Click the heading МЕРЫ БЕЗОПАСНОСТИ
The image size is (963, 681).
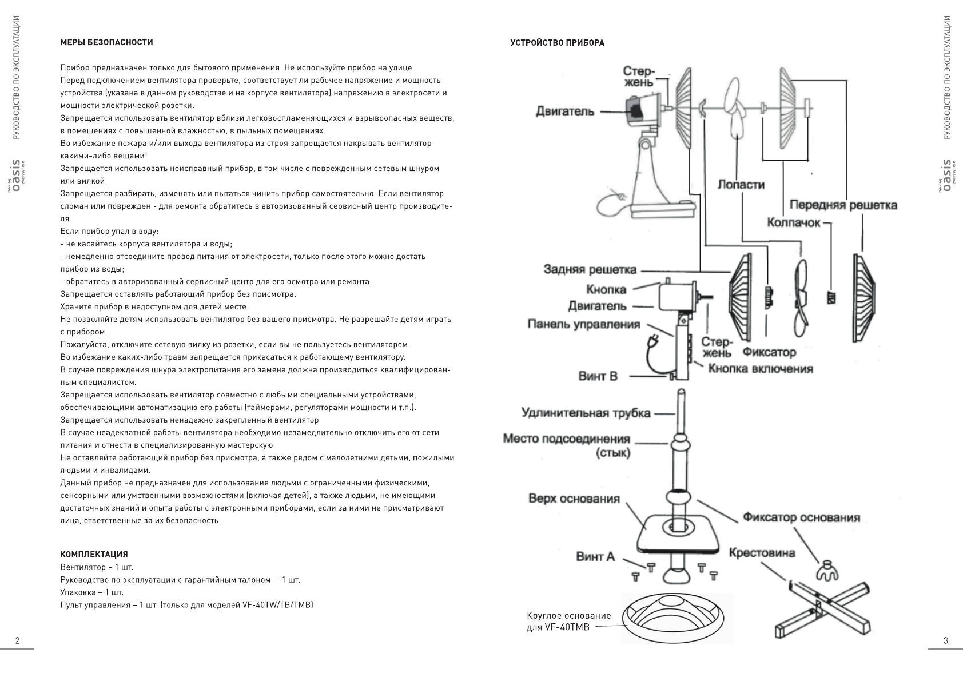coord(106,42)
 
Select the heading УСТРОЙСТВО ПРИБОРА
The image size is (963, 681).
coord(557,43)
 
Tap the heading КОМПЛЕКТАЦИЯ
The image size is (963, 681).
coord(94,555)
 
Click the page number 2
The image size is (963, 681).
coord(17,640)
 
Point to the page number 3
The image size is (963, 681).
coord(946,640)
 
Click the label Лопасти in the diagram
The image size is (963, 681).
coord(741,185)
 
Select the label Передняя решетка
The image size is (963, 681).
coord(843,205)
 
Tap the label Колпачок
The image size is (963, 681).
coord(793,222)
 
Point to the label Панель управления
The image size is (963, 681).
coord(583,325)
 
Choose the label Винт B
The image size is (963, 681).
coord(598,377)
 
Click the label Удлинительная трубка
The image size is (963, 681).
coord(586,413)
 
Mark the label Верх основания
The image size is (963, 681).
coord(574,499)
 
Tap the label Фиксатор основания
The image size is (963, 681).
coord(801,518)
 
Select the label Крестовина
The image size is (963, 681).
coord(762,553)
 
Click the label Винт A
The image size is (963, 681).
coord(595,556)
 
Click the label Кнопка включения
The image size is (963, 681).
coord(760,369)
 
